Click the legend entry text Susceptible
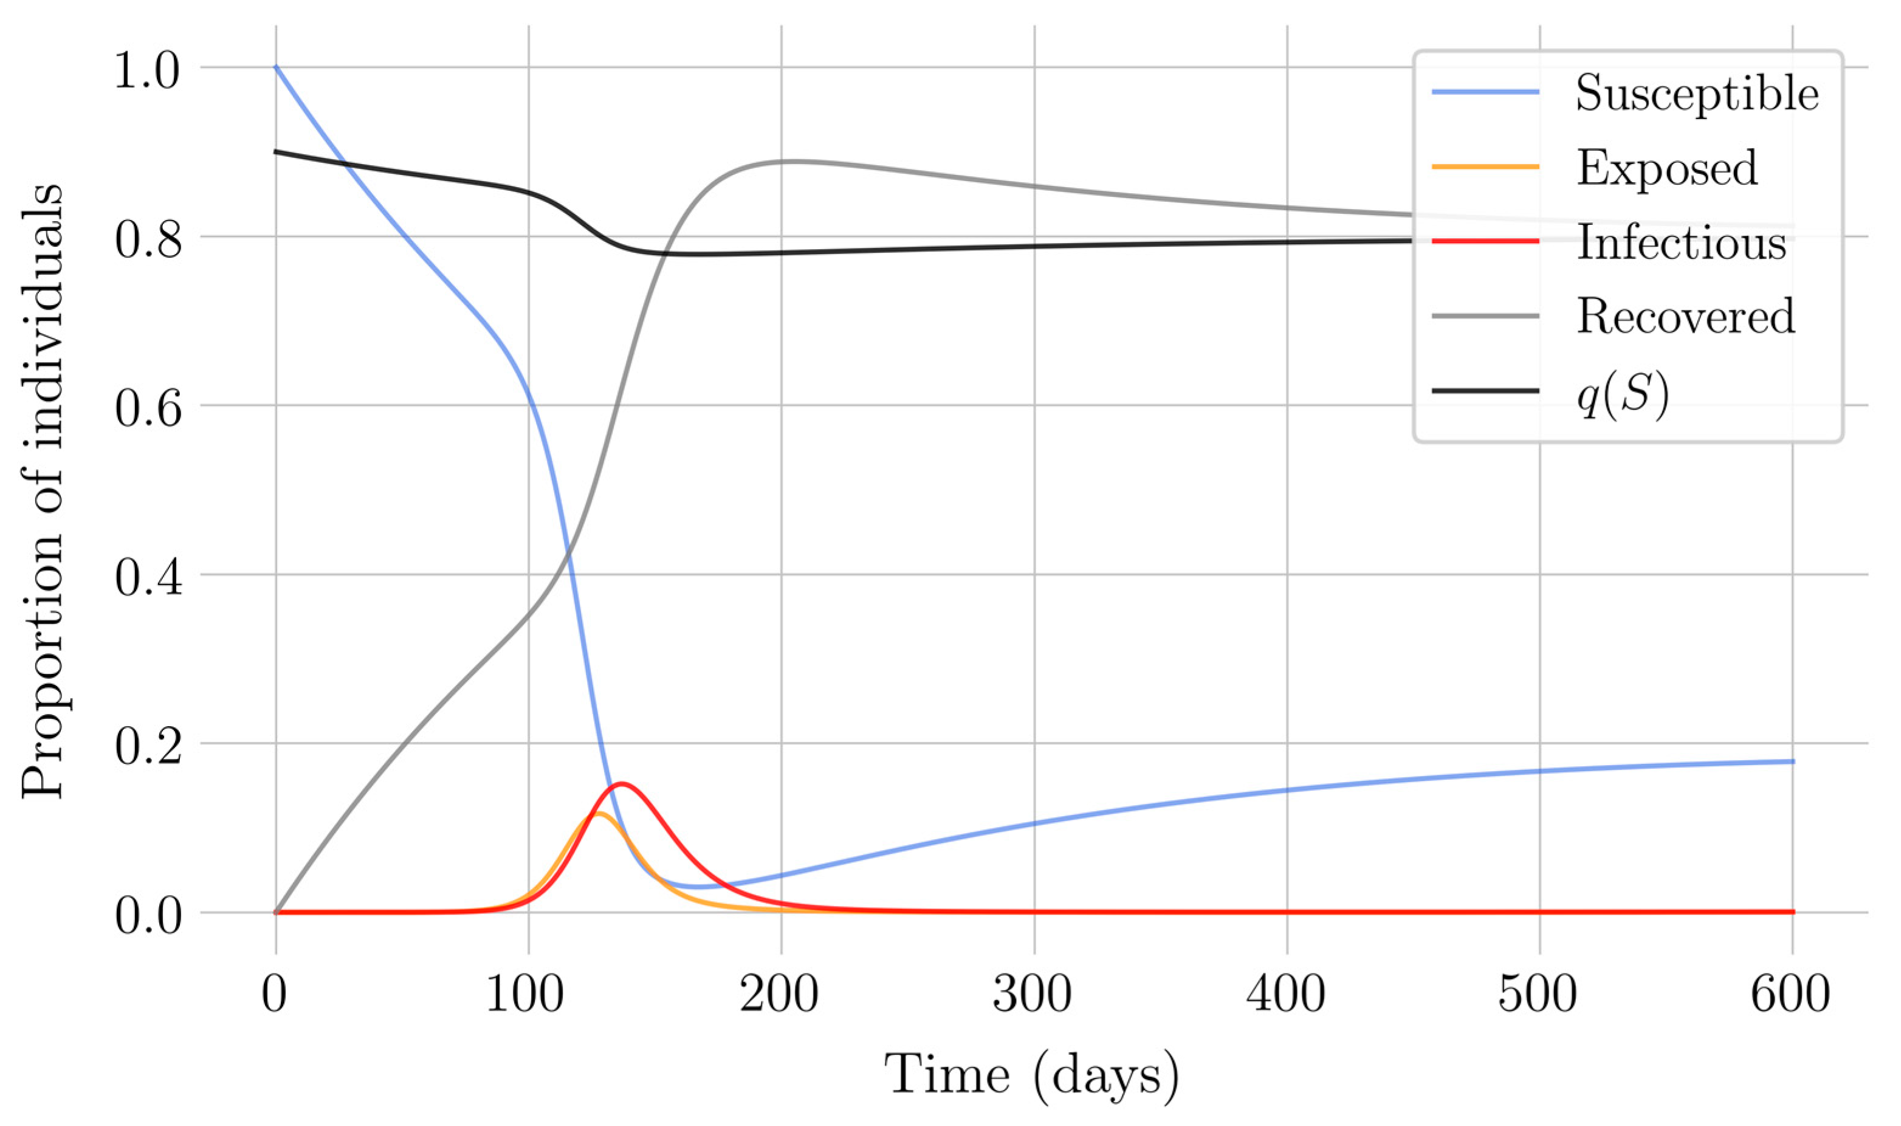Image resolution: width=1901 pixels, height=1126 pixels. coord(1697,94)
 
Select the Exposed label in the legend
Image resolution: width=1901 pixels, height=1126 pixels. coord(1666,168)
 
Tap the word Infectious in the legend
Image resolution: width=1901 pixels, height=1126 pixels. coord(1682,243)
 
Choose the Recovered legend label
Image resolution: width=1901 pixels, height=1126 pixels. coord(1685,317)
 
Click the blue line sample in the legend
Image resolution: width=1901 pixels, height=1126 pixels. coord(1485,92)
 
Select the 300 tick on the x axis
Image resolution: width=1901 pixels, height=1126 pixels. coord(1033,994)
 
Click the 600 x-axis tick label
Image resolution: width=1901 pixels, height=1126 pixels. coord(1791,994)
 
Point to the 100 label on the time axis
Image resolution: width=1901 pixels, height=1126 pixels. coord(526,994)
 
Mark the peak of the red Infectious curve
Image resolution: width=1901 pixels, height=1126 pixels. coord(622,784)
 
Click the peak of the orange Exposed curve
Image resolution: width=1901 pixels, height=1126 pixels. coord(598,814)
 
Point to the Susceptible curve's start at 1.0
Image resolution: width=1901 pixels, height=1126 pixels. coord(277,67)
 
